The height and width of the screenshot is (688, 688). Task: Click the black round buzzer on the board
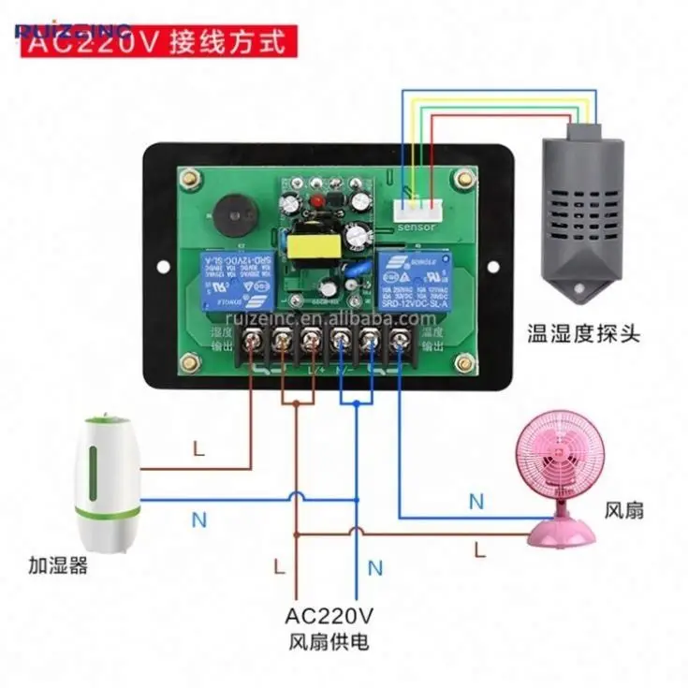(228, 216)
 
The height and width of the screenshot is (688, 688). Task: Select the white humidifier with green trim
(111, 483)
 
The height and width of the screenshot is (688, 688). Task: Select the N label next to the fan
(476, 502)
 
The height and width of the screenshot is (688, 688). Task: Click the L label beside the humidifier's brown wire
(198, 448)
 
